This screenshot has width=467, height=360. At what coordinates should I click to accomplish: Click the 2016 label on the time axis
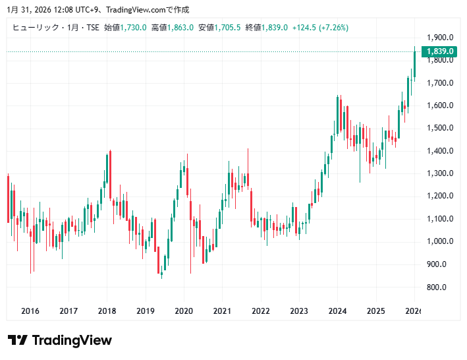click(30, 311)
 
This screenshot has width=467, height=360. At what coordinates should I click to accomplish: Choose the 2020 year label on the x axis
click(184, 311)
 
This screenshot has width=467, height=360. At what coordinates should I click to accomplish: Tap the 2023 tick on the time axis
click(299, 311)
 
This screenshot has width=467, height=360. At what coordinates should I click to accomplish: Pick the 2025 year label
click(375, 311)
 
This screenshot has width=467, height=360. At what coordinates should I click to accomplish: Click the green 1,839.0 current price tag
click(440, 51)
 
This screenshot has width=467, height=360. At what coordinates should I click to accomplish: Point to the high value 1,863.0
click(180, 27)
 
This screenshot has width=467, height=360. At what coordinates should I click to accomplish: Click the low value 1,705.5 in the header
click(227, 27)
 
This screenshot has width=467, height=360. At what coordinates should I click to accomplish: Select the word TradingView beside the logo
click(72, 340)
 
